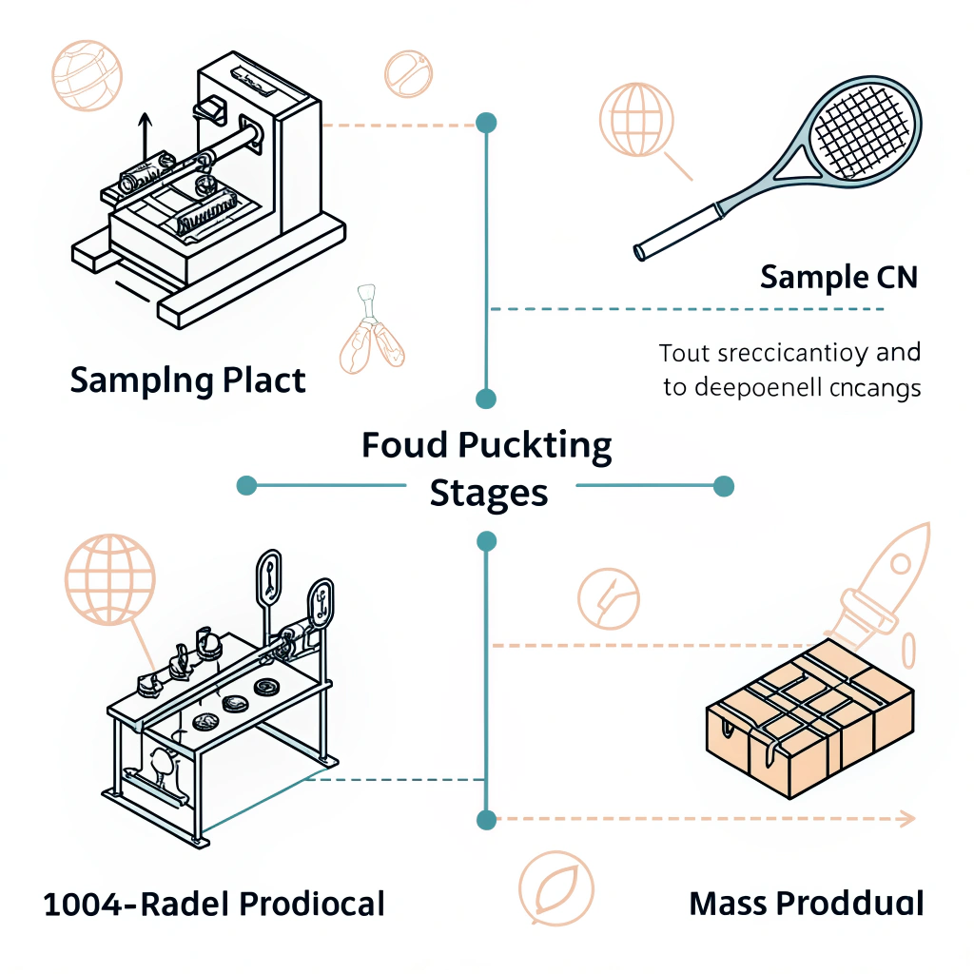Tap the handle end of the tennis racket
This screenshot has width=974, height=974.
tap(641, 252)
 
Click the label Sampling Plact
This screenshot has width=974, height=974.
tap(188, 380)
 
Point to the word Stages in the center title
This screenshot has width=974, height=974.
tap(489, 494)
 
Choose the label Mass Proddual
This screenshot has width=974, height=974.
tap(806, 903)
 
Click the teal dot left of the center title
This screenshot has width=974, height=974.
tap(247, 485)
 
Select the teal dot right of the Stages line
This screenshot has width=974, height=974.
tap(724, 485)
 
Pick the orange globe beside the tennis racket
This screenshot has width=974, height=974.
tap(635, 118)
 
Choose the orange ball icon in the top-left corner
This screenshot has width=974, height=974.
tap(88, 73)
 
